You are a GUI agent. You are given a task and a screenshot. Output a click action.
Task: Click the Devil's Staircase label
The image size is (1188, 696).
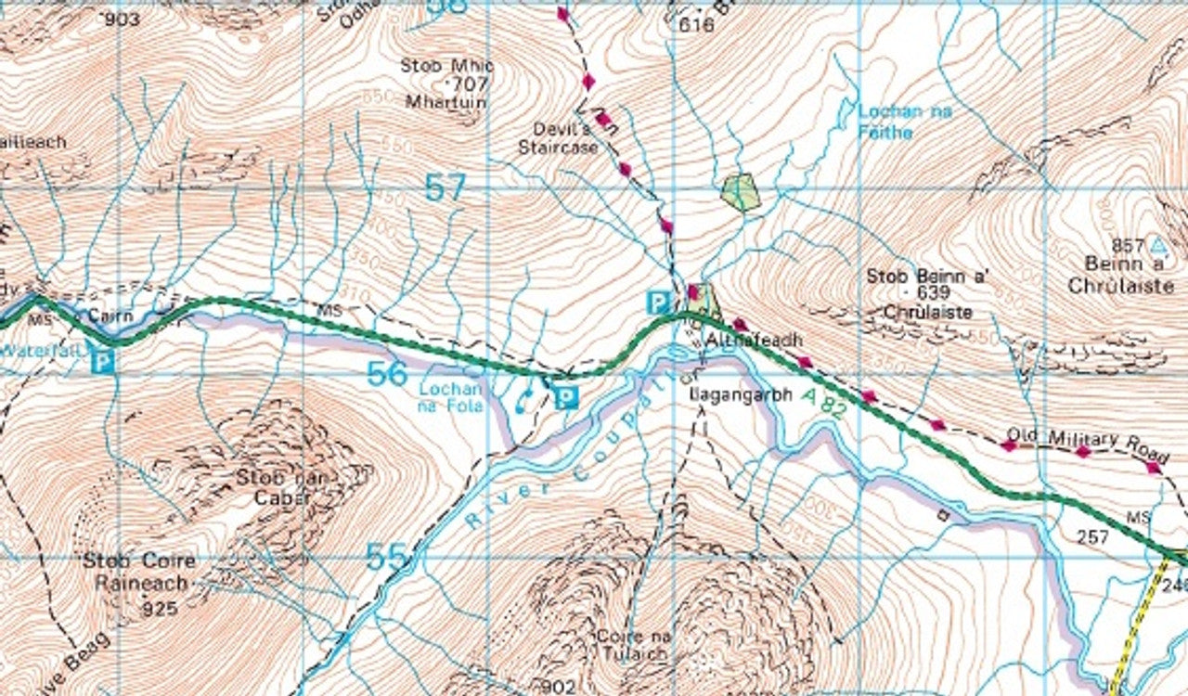tap(558, 138)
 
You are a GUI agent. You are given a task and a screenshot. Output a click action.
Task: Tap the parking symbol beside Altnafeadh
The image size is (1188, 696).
tap(658, 302)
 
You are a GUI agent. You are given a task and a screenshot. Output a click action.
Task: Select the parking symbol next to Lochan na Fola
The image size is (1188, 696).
tap(565, 398)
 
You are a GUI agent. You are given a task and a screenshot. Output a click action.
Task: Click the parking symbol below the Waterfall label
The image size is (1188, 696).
tap(103, 360)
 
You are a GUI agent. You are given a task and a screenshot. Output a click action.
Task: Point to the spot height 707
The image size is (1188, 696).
tap(470, 84)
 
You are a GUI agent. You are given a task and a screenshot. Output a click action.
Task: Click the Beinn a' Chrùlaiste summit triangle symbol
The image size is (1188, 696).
tap(1156, 247)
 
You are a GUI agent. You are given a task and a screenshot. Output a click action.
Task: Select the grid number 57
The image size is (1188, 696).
tap(445, 188)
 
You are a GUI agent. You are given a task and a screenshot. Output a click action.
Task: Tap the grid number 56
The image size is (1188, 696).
tap(386, 373)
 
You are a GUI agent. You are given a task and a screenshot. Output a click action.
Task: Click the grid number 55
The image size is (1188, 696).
tap(386, 557)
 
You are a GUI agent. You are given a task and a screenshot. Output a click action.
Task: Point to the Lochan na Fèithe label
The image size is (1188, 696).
tap(904, 122)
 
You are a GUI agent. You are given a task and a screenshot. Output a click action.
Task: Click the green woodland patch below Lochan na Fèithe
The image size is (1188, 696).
tap(741, 192)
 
